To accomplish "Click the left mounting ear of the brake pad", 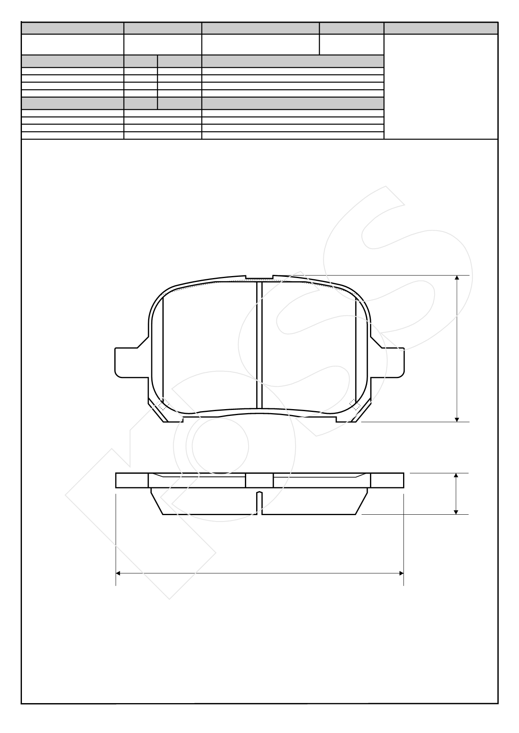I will click(125, 362).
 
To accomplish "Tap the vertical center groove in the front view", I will click(259, 345).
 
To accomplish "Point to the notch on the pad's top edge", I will click(259, 277).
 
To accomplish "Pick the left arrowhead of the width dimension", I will click(119, 573).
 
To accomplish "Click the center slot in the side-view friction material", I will click(259, 503).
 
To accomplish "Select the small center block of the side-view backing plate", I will click(259, 480).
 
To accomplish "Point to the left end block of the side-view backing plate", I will click(132, 480).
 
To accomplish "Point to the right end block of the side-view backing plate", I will click(387, 480).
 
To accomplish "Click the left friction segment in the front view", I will click(210, 345).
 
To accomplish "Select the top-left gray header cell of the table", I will click(72, 28).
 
